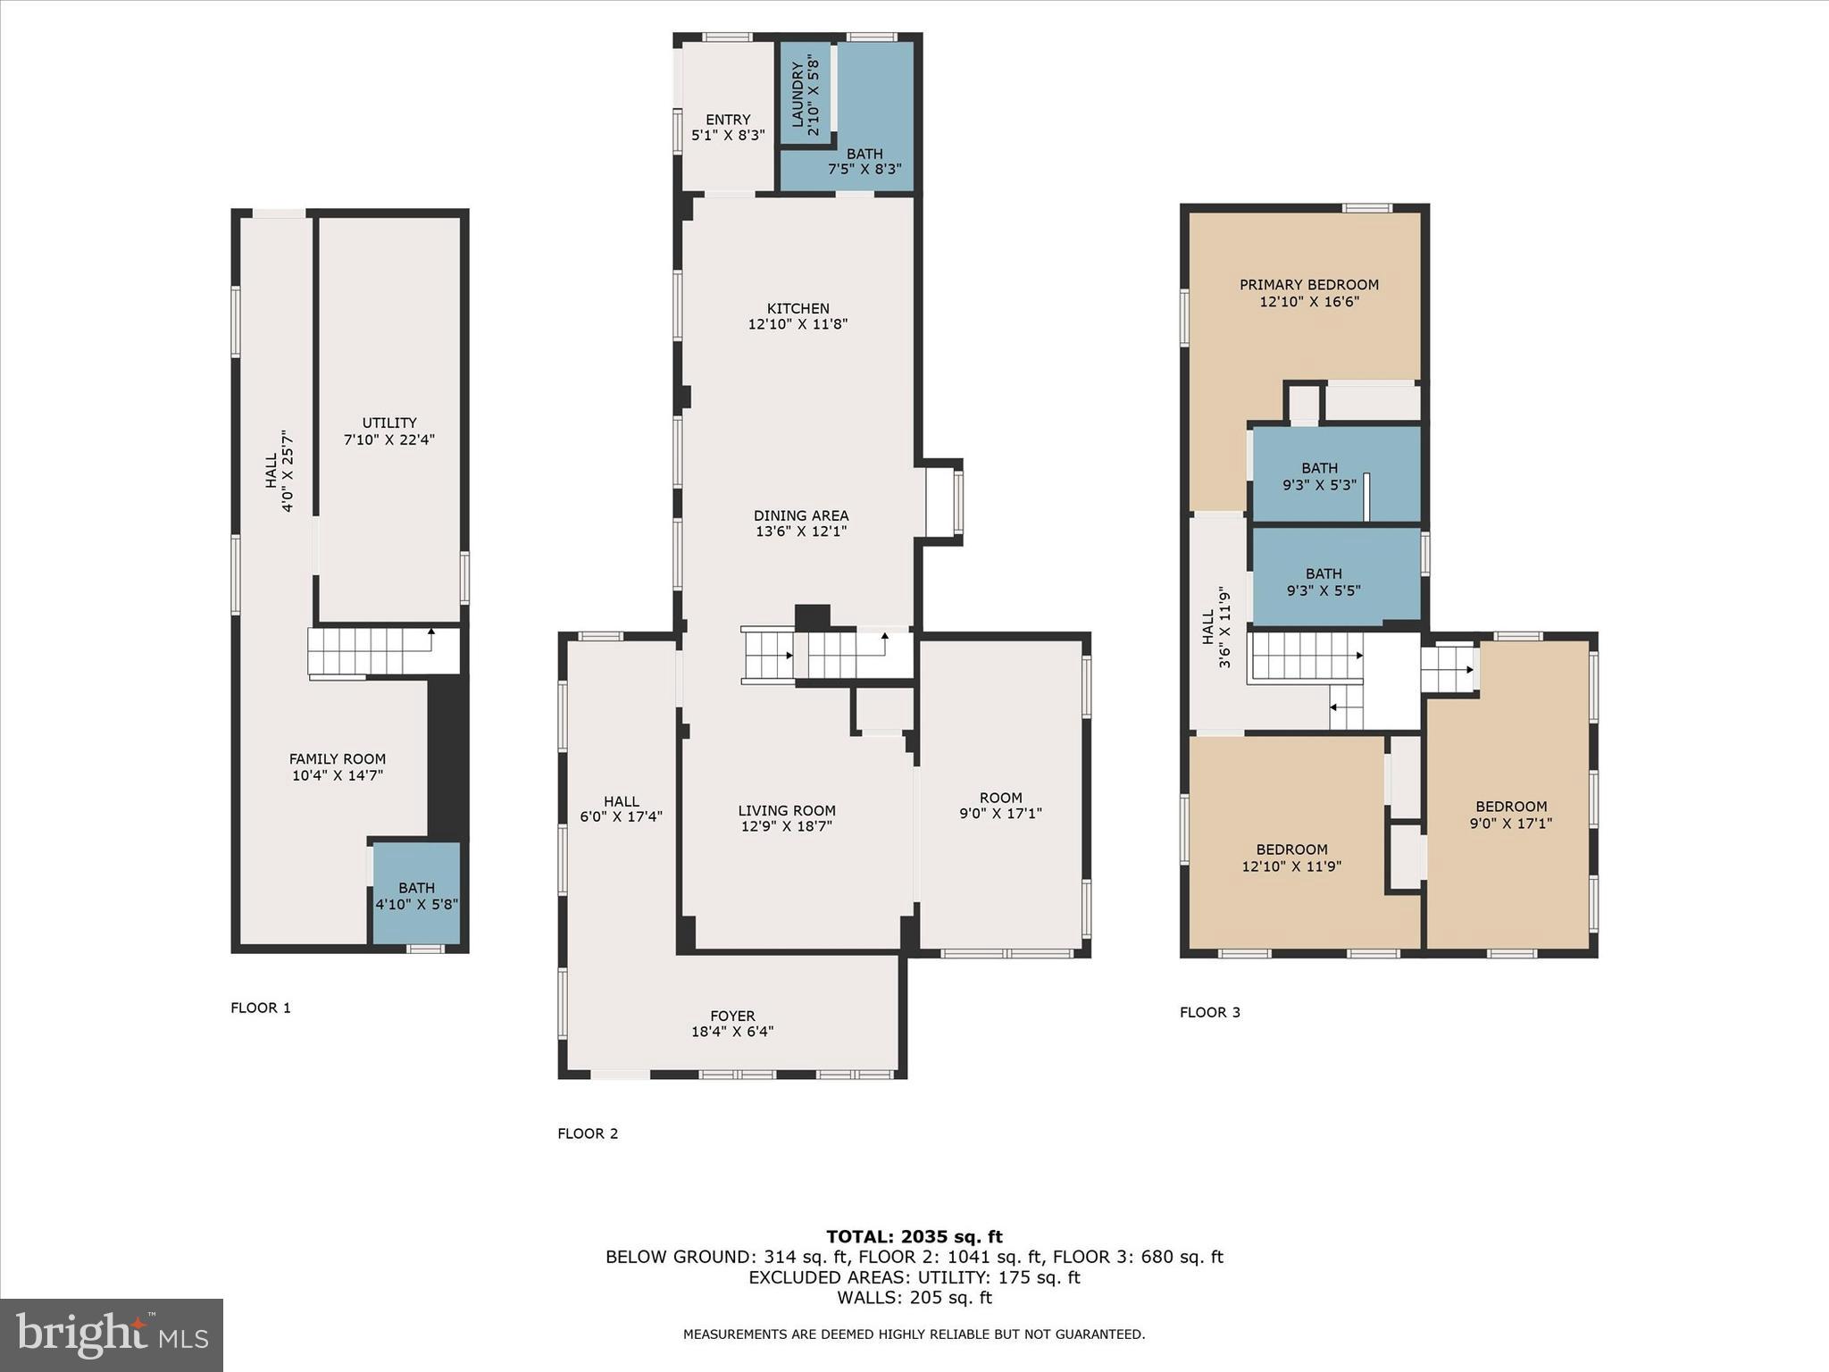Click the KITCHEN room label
coord(798,308)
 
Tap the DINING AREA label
coord(800,515)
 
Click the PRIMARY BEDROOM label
coord(1308,285)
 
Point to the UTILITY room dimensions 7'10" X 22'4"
coord(388,439)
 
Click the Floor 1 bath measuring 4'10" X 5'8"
coord(416,895)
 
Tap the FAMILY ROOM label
coord(337,759)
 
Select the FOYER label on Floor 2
coord(732,1016)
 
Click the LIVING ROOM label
coord(786,811)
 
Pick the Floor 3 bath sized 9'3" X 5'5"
coord(1324,581)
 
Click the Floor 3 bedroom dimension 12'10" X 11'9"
coord(1291,866)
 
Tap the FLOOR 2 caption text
coord(588,1134)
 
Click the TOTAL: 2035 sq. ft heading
coord(914,1236)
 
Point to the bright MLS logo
coord(112,1335)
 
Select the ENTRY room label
coord(728,120)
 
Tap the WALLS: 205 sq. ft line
coord(914,1298)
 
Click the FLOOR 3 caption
coord(1209,1012)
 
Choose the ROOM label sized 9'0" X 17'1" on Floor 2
coord(1000,798)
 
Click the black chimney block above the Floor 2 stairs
coord(812,617)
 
